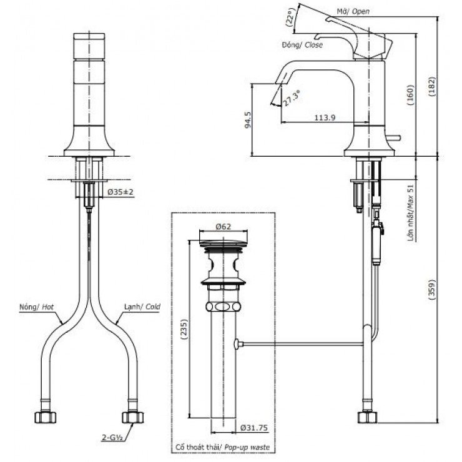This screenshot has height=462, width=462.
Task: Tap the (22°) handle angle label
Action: [x=289, y=18]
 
